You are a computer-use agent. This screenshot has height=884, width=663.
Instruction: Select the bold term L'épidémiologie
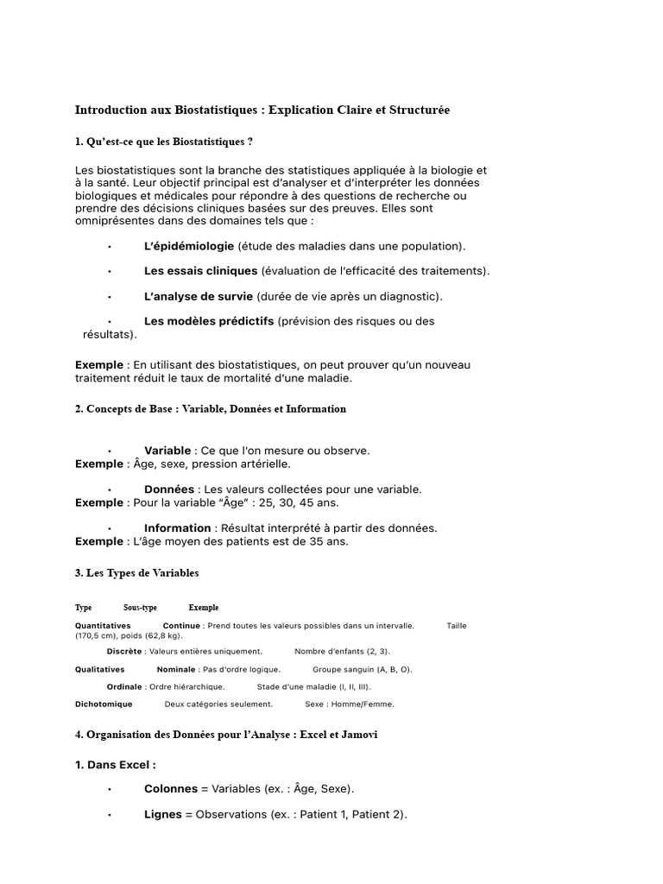click(x=188, y=246)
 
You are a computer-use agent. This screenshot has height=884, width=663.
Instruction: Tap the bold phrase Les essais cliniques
click(x=200, y=271)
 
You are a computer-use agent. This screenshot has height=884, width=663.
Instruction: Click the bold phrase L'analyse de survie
click(x=199, y=296)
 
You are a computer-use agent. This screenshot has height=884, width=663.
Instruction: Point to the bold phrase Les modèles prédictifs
click(x=209, y=321)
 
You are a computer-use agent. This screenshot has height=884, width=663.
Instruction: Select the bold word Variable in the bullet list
click(x=167, y=451)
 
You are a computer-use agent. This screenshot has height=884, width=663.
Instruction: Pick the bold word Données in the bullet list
click(x=169, y=489)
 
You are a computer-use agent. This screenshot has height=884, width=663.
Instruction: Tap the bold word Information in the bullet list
click(x=177, y=528)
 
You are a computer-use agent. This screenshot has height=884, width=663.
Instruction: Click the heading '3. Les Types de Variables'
click(x=136, y=573)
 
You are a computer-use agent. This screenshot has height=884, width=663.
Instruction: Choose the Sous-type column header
click(x=140, y=608)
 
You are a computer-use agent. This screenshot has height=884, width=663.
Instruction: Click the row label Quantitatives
click(x=103, y=626)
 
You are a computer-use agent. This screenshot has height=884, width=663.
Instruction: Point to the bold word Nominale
click(x=177, y=670)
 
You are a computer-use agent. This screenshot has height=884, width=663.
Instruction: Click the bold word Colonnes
click(x=170, y=789)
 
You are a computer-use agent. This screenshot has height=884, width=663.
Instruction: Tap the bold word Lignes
click(x=162, y=815)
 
